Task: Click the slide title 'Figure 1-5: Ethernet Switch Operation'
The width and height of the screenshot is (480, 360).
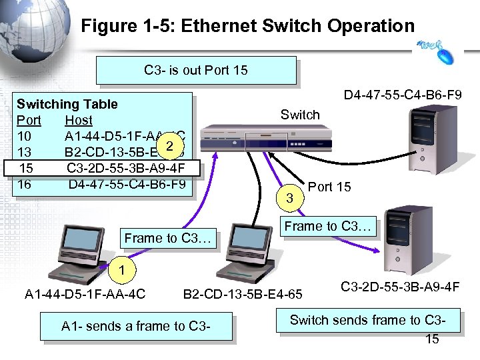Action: tap(247, 26)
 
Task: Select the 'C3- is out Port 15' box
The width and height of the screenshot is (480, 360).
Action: tap(196, 70)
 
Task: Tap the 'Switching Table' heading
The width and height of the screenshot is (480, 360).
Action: tap(67, 104)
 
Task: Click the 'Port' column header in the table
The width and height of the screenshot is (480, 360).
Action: tap(29, 120)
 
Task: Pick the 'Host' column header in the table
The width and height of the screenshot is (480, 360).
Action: tap(79, 120)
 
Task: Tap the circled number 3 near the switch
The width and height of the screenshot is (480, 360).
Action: tap(289, 197)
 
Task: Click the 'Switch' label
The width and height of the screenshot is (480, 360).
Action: tap(300, 115)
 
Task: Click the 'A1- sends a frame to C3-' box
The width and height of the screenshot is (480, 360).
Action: tap(136, 327)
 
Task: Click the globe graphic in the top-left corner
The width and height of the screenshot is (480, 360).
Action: tap(33, 40)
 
